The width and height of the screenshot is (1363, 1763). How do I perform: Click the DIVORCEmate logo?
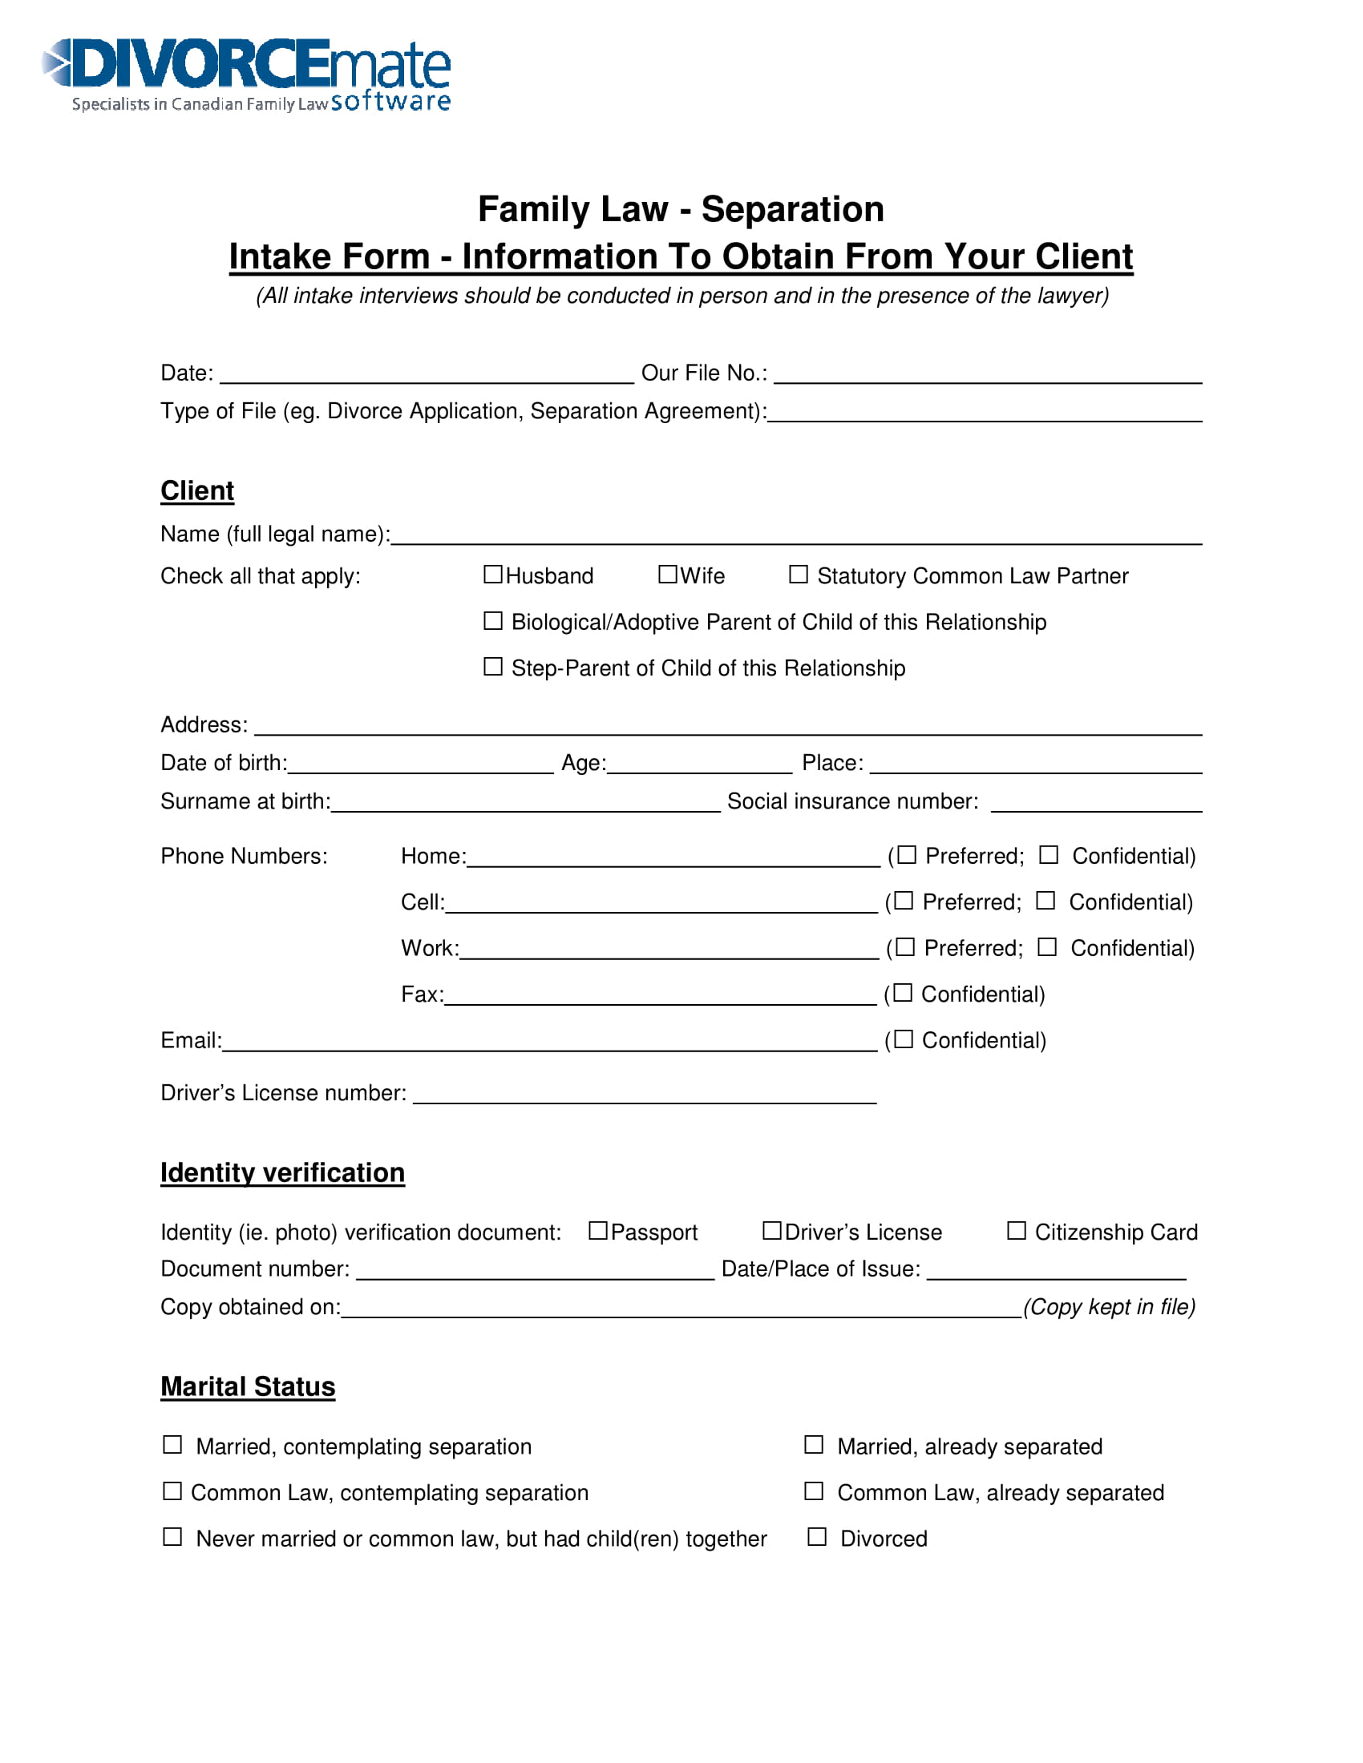(x=246, y=75)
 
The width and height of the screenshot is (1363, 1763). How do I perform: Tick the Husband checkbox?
(x=492, y=574)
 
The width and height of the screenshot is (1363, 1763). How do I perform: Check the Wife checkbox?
(x=667, y=574)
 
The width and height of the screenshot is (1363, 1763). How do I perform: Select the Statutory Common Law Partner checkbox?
(x=798, y=574)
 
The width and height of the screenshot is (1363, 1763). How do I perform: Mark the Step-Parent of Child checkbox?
(x=492, y=666)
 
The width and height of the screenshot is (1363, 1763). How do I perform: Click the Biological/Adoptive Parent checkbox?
(x=492, y=620)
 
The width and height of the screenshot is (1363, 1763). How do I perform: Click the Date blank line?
(x=427, y=374)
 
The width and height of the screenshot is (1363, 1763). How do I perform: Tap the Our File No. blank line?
(x=987, y=374)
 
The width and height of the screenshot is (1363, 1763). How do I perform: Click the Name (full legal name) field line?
(x=795, y=536)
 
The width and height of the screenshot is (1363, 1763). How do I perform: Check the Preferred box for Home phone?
(x=907, y=854)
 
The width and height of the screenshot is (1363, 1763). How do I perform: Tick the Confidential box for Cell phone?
(x=1045, y=900)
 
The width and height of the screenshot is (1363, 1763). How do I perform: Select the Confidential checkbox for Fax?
(x=903, y=992)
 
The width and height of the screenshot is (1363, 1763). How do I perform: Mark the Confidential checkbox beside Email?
(x=904, y=1038)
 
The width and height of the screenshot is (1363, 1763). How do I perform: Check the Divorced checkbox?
(x=817, y=1536)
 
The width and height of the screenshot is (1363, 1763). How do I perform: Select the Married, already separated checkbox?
(x=814, y=1444)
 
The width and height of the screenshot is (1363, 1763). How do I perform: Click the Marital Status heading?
(x=248, y=1387)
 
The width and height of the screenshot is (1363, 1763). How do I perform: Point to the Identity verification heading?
(x=282, y=1173)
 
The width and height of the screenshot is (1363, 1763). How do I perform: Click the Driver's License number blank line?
(x=645, y=1095)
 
